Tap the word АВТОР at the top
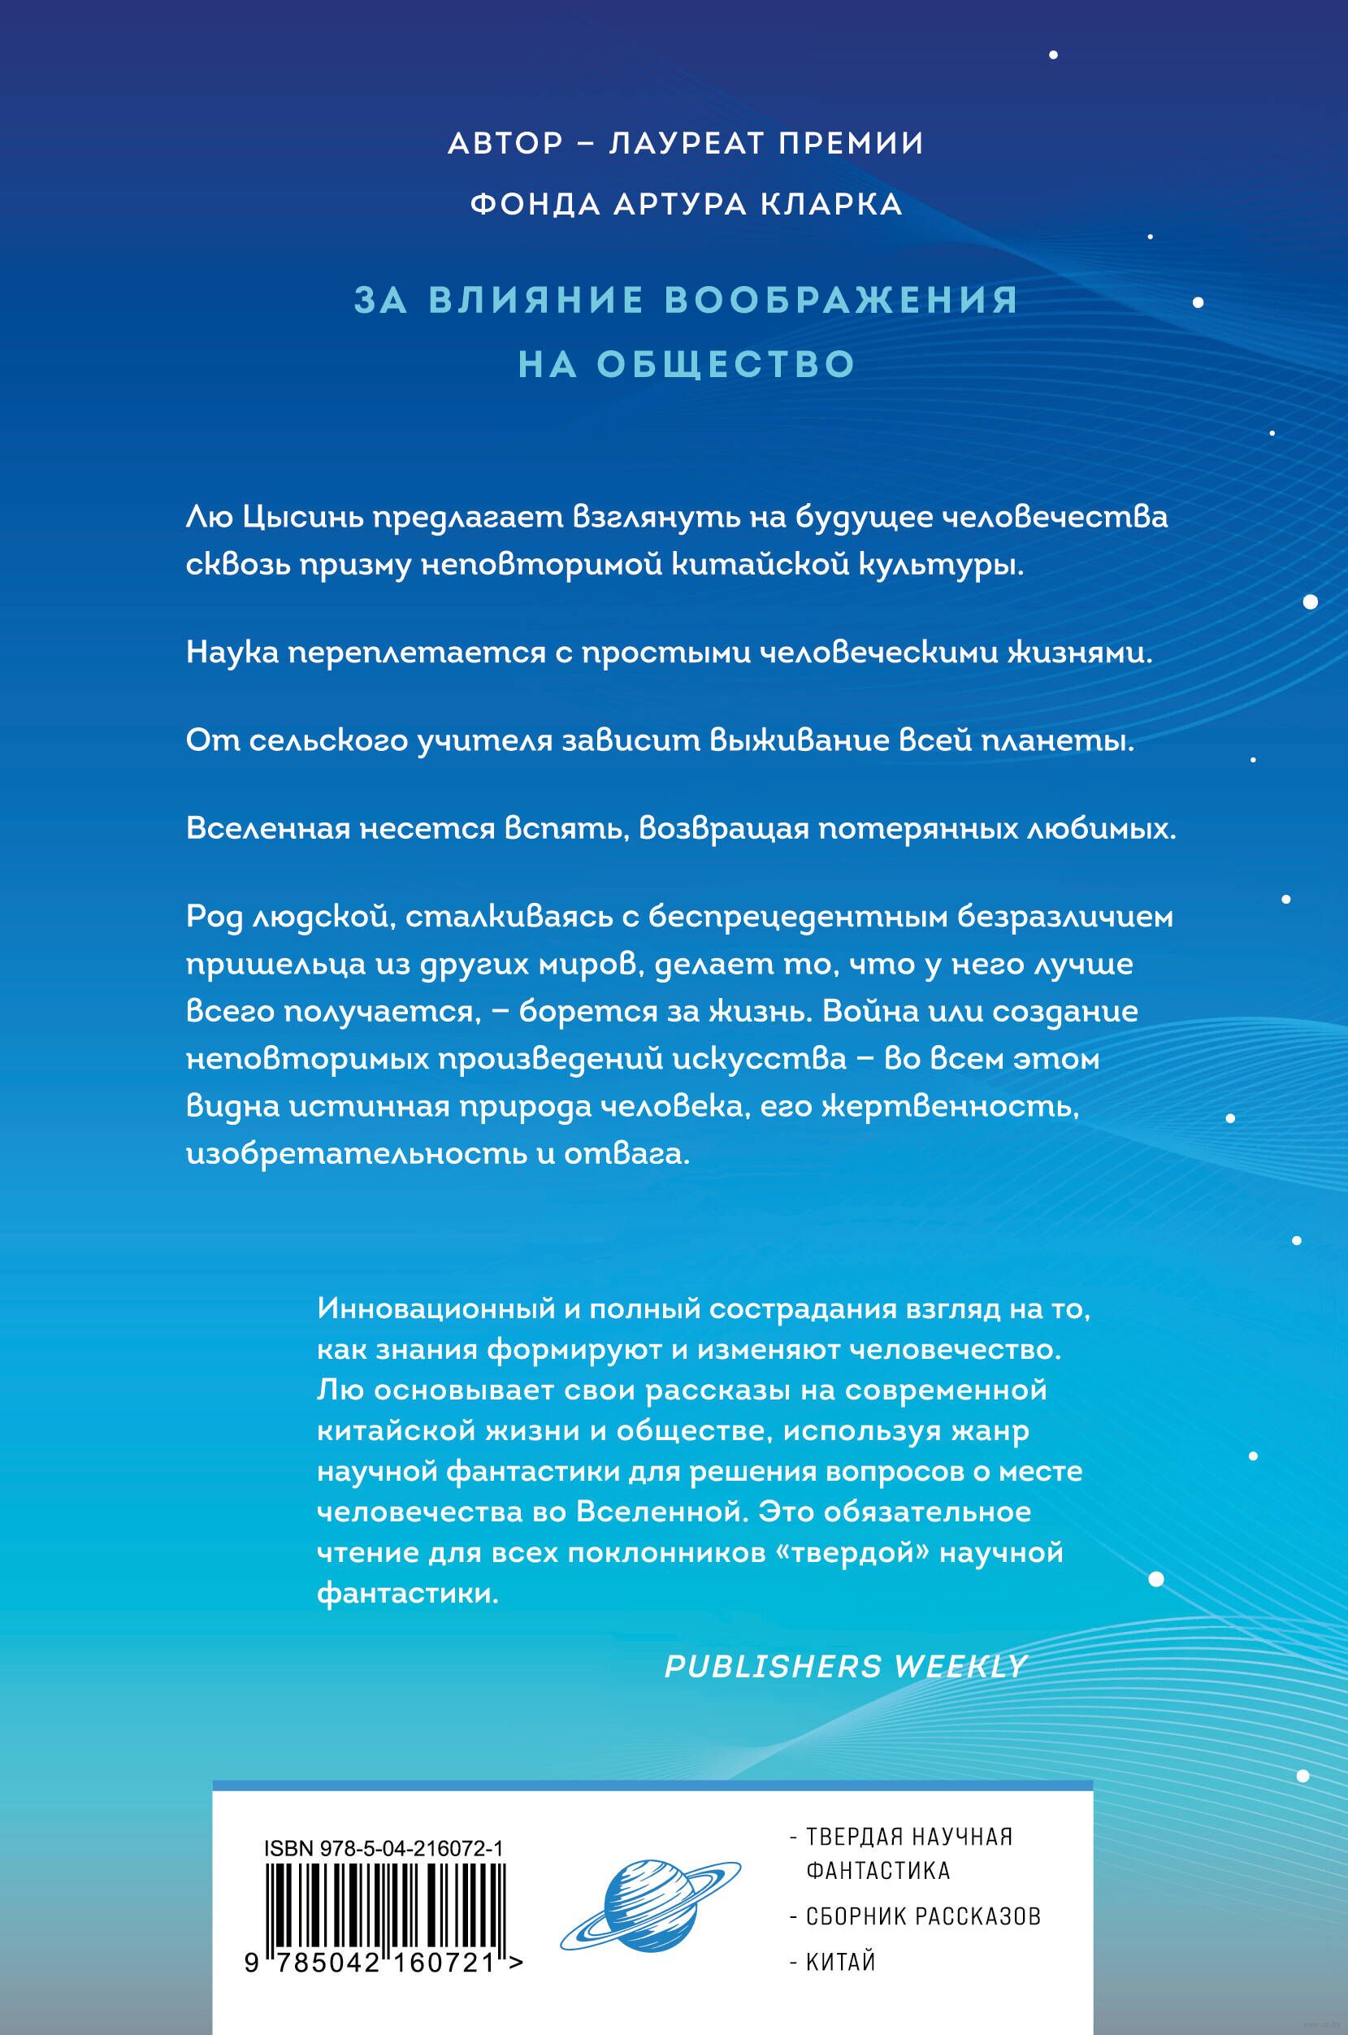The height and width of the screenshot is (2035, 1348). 505,143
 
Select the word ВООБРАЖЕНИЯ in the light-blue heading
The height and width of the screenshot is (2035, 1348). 843,300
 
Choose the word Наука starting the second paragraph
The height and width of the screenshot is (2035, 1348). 233,653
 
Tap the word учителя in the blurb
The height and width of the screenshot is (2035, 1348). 484,741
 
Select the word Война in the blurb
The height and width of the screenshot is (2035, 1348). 865,1011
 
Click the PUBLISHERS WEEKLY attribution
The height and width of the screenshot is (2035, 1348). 846,1665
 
